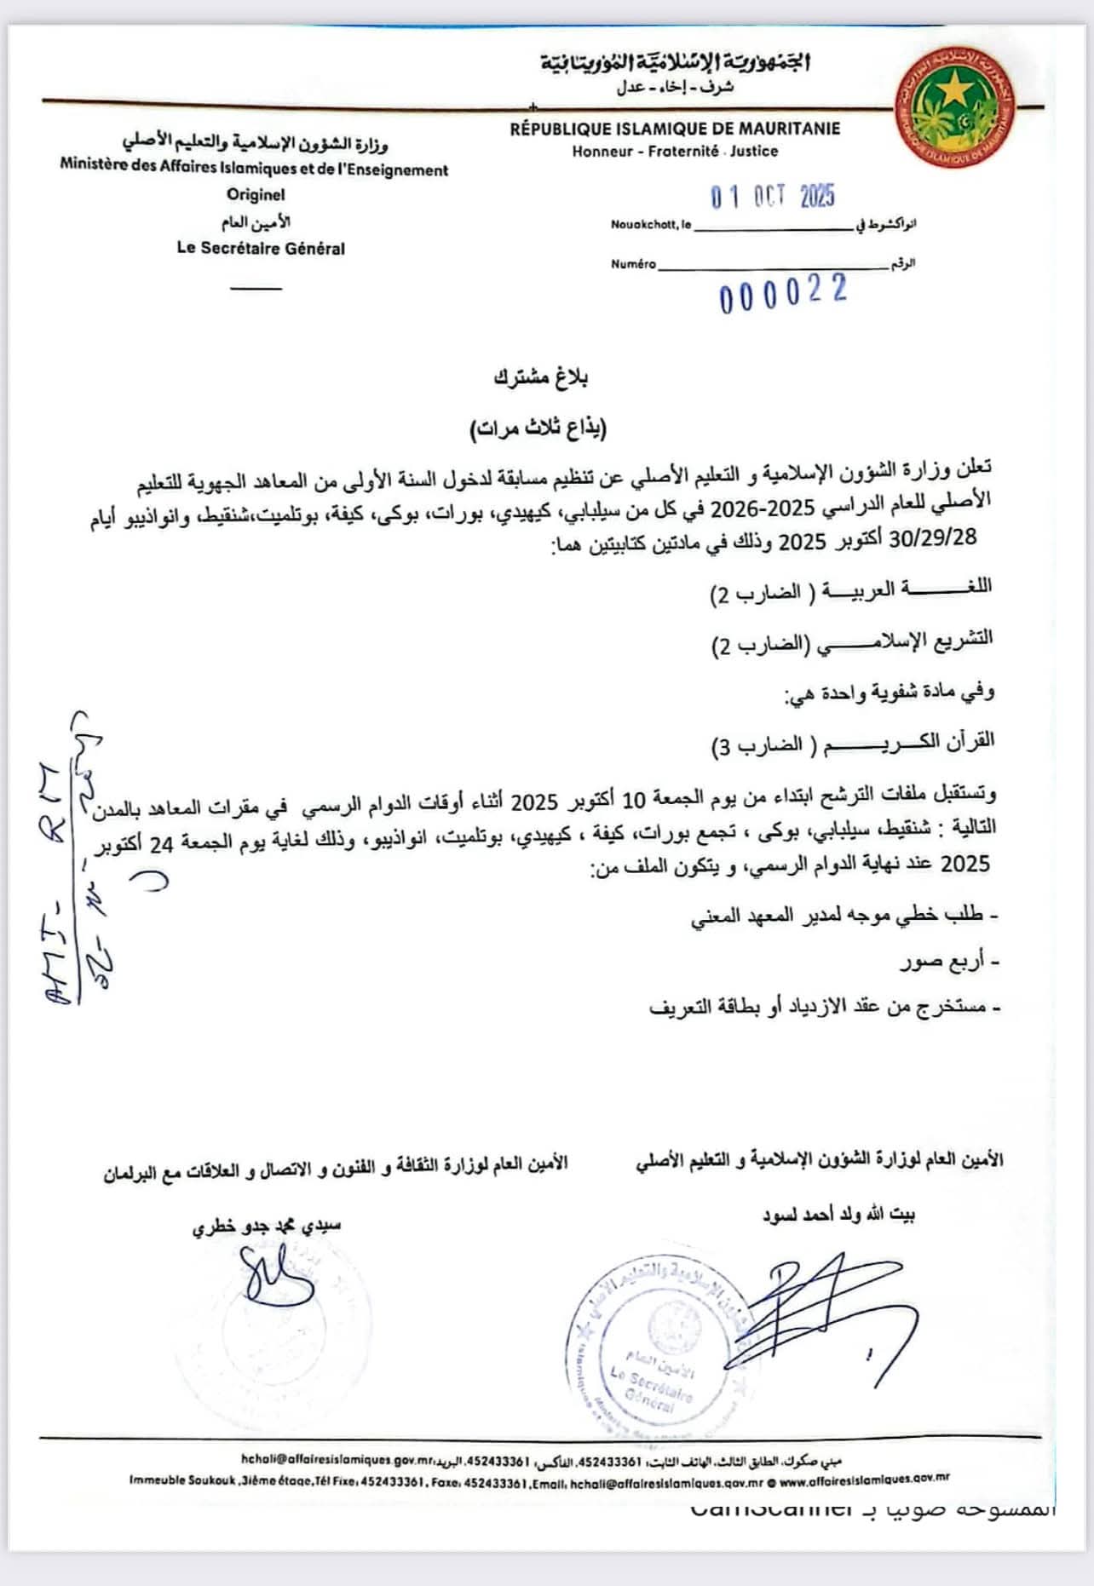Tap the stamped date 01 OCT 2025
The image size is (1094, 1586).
(773, 197)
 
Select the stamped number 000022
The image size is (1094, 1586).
(783, 293)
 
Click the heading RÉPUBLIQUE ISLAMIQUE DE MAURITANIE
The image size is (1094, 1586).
(675, 129)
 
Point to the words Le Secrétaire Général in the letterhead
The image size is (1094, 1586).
(261, 249)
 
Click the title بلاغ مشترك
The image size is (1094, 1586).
(541, 377)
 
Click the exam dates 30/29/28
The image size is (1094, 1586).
(932, 538)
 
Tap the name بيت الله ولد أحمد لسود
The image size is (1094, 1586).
(838, 1215)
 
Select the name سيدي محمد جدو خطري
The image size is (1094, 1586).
(267, 1226)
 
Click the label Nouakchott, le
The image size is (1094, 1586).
(651, 226)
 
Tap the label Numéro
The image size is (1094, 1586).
(633, 264)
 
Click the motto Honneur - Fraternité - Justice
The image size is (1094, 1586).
(675, 151)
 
